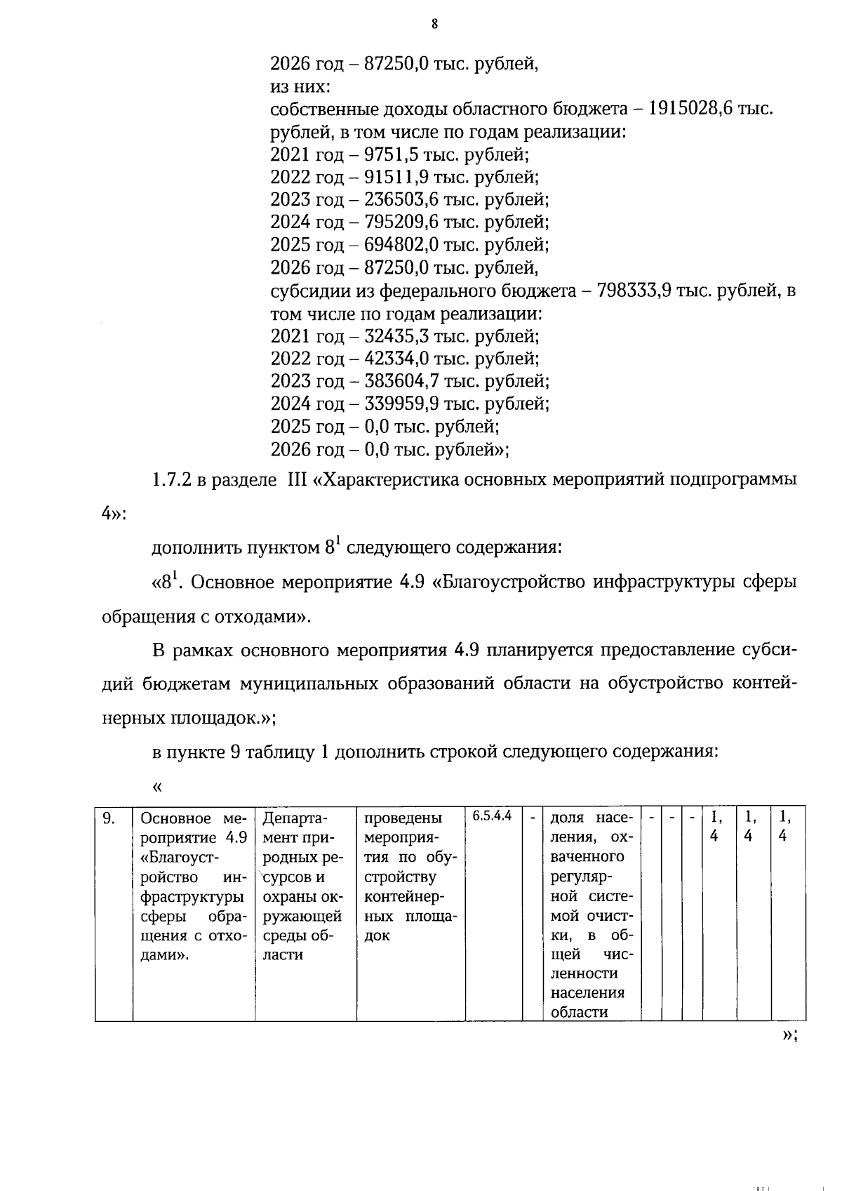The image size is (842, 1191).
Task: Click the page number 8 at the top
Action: click(434, 25)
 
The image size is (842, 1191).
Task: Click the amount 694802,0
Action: click(400, 245)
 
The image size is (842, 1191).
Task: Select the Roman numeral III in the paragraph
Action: click(298, 481)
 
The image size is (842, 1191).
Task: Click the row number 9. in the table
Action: click(109, 818)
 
